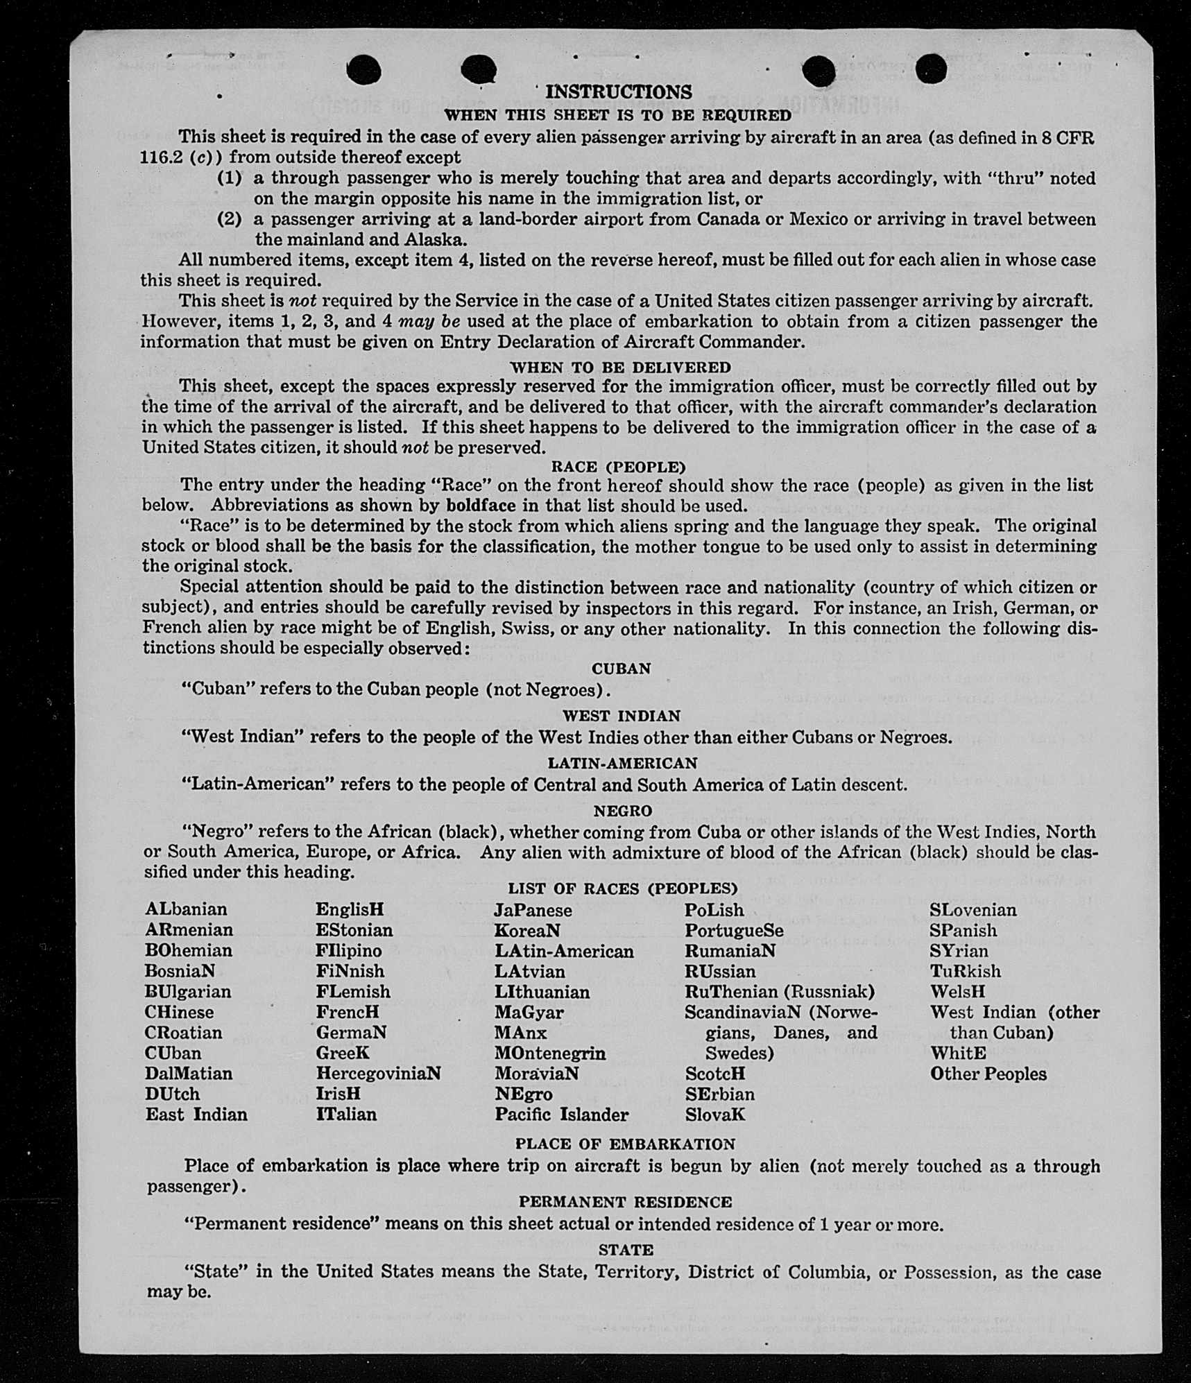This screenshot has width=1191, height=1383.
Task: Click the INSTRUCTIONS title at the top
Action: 618,92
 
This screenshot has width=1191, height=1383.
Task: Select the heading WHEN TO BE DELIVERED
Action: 620,367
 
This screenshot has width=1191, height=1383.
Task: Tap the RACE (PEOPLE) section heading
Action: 618,467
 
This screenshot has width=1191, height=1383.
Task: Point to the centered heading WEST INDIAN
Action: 622,716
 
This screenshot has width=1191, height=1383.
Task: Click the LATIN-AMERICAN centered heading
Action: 622,763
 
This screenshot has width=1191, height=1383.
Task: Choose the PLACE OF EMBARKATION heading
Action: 625,1144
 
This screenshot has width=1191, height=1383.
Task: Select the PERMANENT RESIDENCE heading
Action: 625,1202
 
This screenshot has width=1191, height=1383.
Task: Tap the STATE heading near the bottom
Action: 626,1250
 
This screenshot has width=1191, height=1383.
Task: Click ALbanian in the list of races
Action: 186,909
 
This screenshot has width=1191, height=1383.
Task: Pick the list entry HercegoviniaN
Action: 378,1074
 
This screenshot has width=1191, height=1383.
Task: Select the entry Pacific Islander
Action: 561,1115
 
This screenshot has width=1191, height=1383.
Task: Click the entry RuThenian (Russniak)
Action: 780,992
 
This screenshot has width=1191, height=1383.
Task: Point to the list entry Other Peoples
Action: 988,1074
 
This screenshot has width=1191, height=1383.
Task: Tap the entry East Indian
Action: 196,1115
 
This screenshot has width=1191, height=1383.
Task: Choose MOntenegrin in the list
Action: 550,1054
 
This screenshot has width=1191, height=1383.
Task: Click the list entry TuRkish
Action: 965,971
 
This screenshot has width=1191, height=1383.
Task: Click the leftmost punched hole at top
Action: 363,70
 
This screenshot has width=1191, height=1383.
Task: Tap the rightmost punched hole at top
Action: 930,69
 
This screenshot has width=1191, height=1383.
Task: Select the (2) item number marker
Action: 230,219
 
